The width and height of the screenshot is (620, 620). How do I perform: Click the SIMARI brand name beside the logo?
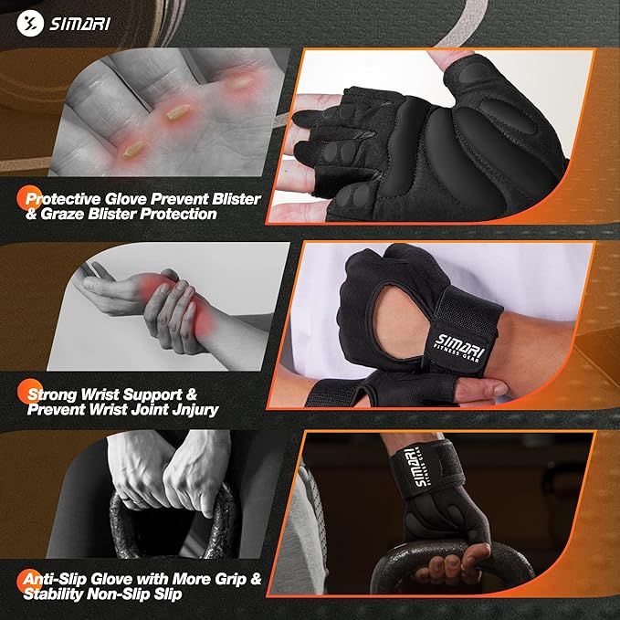point(80,22)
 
